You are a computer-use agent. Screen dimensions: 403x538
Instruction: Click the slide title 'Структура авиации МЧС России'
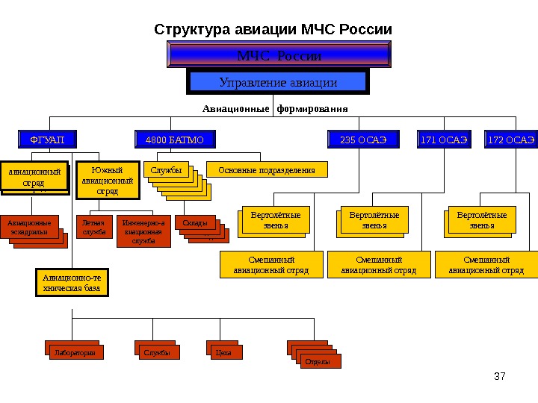point(273,30)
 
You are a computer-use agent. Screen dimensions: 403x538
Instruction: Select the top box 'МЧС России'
point(279,56)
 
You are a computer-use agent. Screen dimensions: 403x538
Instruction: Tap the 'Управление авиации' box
point(277,82)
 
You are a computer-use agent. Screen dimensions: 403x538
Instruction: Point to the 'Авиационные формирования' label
point(275,108)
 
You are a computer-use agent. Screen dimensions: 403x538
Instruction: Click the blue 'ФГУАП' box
point(47,140)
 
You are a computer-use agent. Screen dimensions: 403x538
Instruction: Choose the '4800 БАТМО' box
point(174,140)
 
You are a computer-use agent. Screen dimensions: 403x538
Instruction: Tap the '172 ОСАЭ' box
point(511,140)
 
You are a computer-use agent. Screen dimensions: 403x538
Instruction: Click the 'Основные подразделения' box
point(267,170)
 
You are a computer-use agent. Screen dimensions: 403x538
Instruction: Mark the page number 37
point(501,375)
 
